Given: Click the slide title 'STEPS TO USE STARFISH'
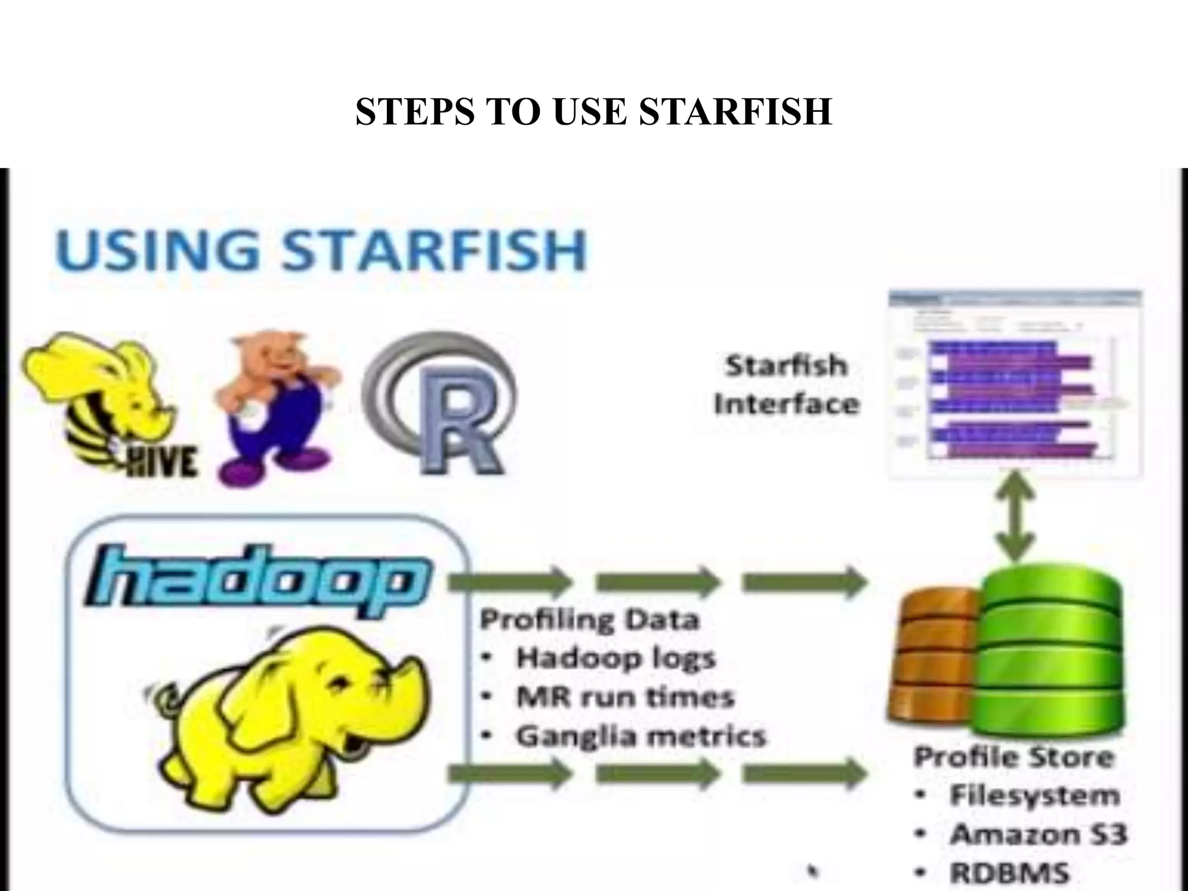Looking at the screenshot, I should click(593, 111).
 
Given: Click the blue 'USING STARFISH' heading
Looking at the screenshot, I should click(321, 250).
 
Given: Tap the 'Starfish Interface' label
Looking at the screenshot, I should click(786, 385).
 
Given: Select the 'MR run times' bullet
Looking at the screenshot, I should click(625, 697).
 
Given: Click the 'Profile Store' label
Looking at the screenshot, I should click(1014, 758).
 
